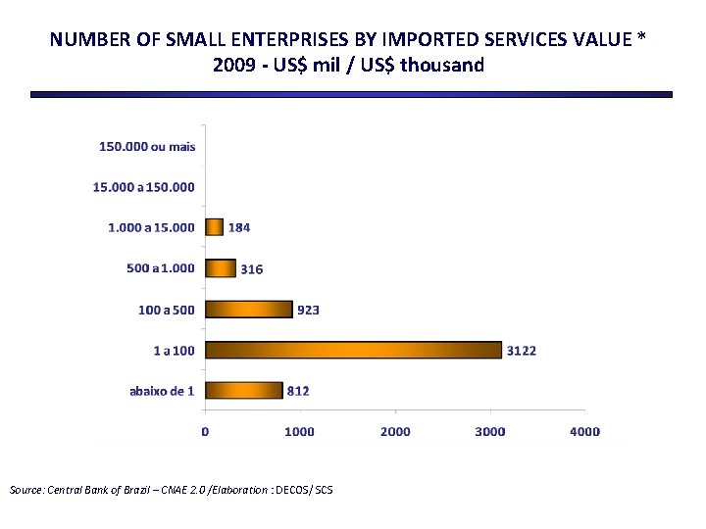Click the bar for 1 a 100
353,350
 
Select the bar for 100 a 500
249,310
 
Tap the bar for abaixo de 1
243,390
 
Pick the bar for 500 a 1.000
221,268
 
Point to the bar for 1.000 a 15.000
214,227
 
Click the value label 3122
521,350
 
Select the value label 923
308,310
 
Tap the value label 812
298,390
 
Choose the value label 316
252,268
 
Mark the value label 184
239,227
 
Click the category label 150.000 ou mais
147,146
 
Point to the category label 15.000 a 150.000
143,186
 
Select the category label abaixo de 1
162,390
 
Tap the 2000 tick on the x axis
395,431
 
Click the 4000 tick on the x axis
585,431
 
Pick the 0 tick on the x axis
205,431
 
